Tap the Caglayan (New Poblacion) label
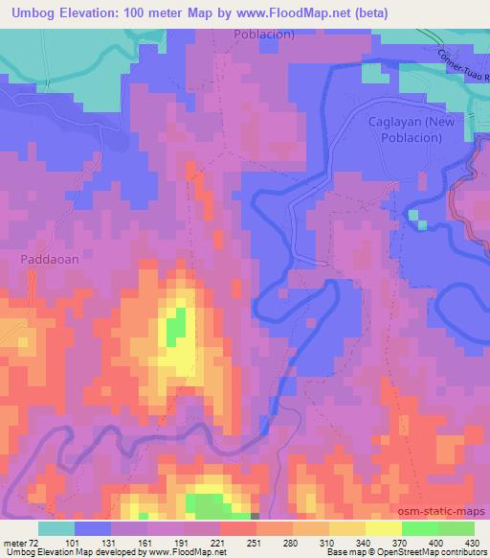pos(405,129)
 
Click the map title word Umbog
pos(30,12)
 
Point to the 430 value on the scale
pos(472,543)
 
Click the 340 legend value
pos(333,543)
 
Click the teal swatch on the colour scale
pos(56,528)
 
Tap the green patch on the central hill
pos(175,329)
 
